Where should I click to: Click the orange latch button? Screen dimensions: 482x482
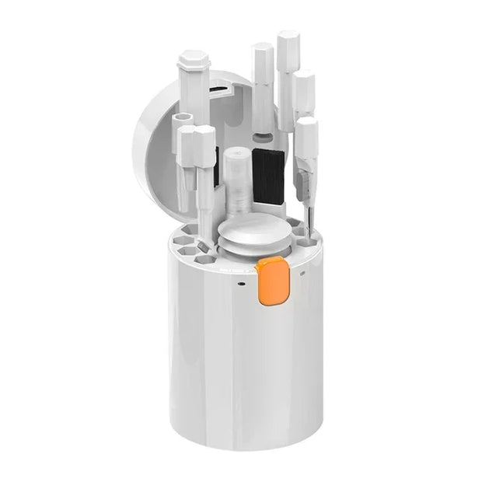(x=273, y=280)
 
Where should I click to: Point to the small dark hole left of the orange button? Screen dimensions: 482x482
(x=242, y=283)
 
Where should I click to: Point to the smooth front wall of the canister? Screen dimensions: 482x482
(x=233, y=365)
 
